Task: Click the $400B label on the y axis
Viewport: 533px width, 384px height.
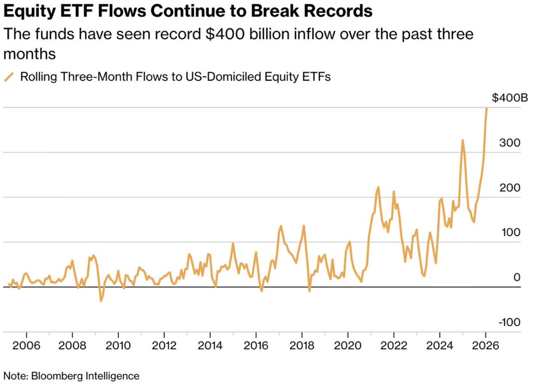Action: [x=509, y=98]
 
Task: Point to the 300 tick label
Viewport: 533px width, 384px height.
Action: [x=510, y=143]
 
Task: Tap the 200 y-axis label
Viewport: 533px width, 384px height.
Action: [x=510, y=188]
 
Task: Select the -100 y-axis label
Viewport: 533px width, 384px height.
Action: [x=509, y=322]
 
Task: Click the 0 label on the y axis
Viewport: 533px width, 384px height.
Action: [x=516, y=277]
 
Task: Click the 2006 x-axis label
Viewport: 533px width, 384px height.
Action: [x=26, y=346]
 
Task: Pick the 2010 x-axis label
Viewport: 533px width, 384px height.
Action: [x=118, y=346]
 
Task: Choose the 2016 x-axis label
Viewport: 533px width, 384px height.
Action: [x=256, y=346]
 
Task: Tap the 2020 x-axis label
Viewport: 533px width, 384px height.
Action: [x=348, y=346]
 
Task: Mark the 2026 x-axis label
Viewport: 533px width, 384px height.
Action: [x=485, y=346]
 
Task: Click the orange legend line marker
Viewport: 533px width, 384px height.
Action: [x=9, y=77]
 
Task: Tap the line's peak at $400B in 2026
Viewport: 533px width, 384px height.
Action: [x=487, y=109]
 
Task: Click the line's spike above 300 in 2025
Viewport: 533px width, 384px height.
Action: [x=463, y=140]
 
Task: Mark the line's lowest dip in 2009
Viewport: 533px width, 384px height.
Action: [x=101, y=301]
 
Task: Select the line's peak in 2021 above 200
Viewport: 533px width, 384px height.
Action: [x=378, y=187]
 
